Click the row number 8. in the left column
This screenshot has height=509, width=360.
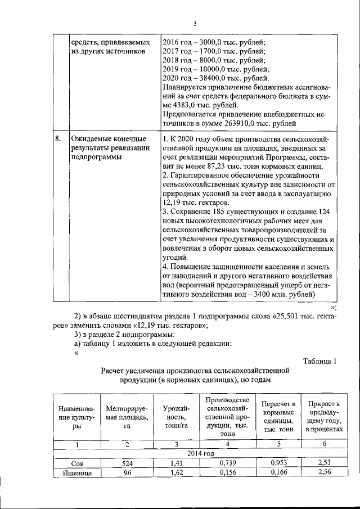coord(58,138)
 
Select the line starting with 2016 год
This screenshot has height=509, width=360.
coord(214,43)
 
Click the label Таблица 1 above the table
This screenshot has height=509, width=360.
coord(319,361)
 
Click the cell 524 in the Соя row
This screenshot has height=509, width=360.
coord(128,463)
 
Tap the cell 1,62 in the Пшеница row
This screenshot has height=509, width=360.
coord(176,473)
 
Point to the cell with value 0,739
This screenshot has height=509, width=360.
coord(228,463)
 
